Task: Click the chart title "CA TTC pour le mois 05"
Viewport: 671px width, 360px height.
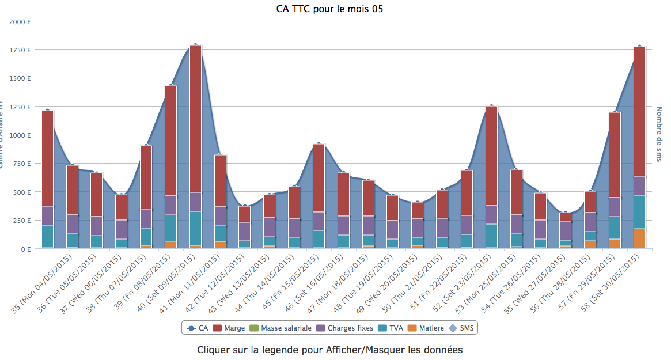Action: [x=329, y=9]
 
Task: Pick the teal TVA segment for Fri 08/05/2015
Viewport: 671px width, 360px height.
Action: [x=171, y=228]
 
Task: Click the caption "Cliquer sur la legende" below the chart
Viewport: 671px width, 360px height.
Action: [x=329, y=350]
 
